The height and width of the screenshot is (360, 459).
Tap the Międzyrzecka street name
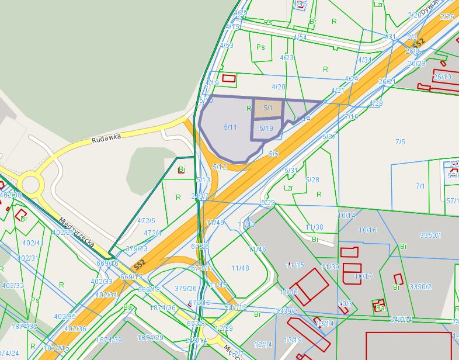click(76, 232)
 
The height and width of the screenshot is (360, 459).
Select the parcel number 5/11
click(230, 127)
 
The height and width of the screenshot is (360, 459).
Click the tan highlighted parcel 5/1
click(268, 108)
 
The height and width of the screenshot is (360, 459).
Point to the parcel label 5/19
click(266, 128)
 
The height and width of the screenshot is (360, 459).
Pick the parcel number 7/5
click(400, 141)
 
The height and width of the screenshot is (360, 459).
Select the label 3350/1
click(430, 235)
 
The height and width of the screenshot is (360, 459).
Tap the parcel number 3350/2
click(420, 286)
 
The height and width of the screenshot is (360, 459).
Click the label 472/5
click(146, 220)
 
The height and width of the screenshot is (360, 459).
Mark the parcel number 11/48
click(240, 268)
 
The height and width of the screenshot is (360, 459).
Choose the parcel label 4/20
click(279, 87)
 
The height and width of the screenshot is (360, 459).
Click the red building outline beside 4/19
click(229, 78)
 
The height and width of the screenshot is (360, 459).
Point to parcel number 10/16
click(367, 230)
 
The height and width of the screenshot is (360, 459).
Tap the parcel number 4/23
click(287, 57)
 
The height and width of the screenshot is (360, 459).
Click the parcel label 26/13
click(442, 77)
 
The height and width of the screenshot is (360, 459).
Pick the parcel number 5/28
click(312, 179)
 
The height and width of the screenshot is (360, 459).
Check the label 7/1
click(420, 186)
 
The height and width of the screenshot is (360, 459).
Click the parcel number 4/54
click(300, 37)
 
